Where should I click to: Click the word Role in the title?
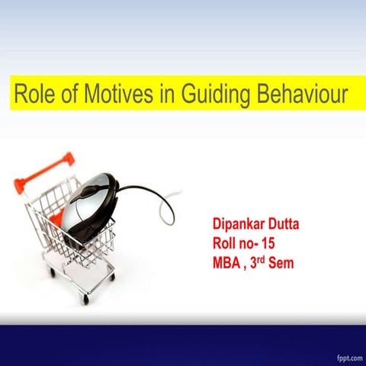pyautogui.click(x=33, y=95)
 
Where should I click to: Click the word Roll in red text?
pyautogui.click(x=226, y=244)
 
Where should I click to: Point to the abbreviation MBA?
pyautogui.click(x=228, y=264)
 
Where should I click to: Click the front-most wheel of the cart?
pyautogui.click(x=85, y=300)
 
